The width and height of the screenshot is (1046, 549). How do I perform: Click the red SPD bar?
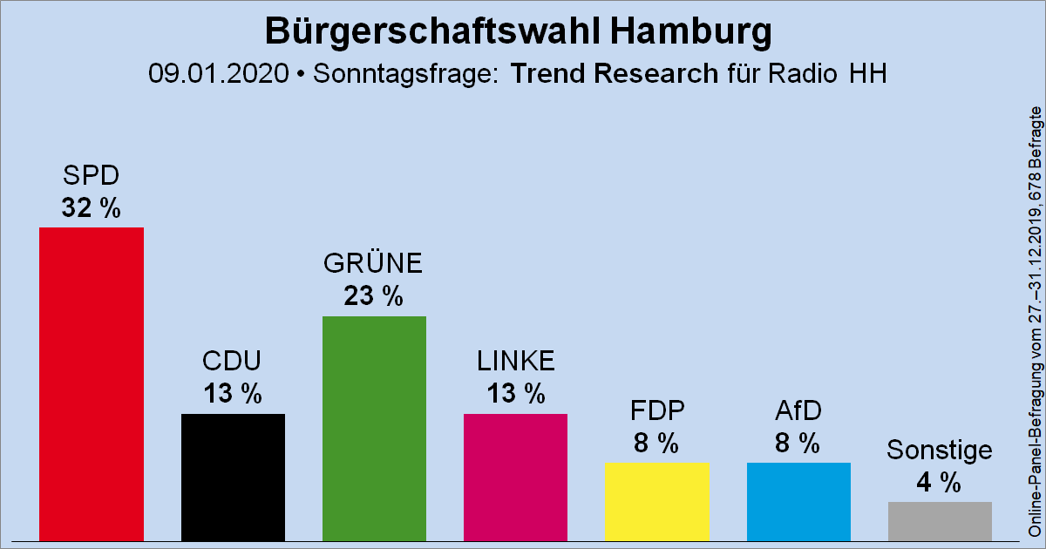(92, 383)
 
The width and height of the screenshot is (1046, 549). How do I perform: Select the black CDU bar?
(233, 477)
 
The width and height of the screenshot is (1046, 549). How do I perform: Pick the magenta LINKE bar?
(515, 477)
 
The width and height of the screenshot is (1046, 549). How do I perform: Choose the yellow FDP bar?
(656, 501)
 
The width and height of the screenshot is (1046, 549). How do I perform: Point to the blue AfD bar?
(798, 501)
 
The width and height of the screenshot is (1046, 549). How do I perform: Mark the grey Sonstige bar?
(940, 520)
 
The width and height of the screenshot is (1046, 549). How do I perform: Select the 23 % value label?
(373, 297)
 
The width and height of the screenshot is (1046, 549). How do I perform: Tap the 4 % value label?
(939, 482)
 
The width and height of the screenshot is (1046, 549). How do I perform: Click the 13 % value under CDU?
(233, 394)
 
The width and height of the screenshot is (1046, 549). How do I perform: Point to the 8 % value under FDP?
(656, 444)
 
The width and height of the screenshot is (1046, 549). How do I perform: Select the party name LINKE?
(515, 361)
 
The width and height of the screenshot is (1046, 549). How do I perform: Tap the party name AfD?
(798, 410)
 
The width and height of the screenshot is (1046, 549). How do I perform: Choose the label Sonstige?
(939, 450)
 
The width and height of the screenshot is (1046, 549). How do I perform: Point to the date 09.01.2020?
(218, 74)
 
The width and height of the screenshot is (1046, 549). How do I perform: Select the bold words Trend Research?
(614, 74)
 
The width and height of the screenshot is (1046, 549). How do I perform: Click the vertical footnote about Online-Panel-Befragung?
(1035, 322)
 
